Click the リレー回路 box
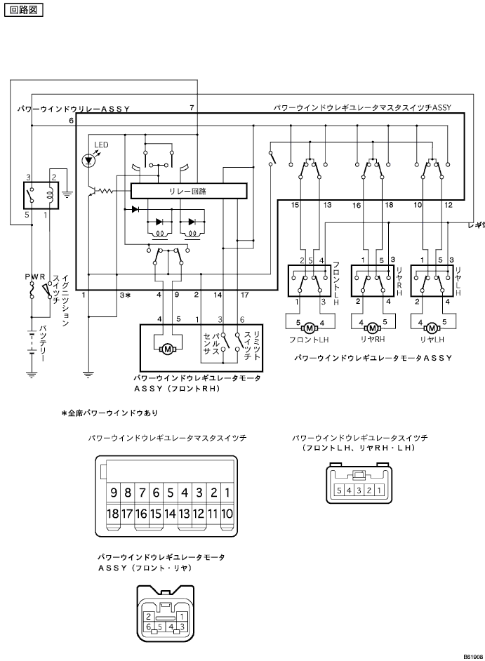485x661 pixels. (188, 190)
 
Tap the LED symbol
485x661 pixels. (88, 160)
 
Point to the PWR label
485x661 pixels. (34, 278)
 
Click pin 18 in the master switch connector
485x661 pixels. (113, 514)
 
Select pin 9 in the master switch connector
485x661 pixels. (113, 492)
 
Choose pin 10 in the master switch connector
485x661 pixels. (227, 514)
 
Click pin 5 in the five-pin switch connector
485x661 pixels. (340, 490)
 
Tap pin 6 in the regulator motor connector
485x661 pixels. (149, 625)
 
